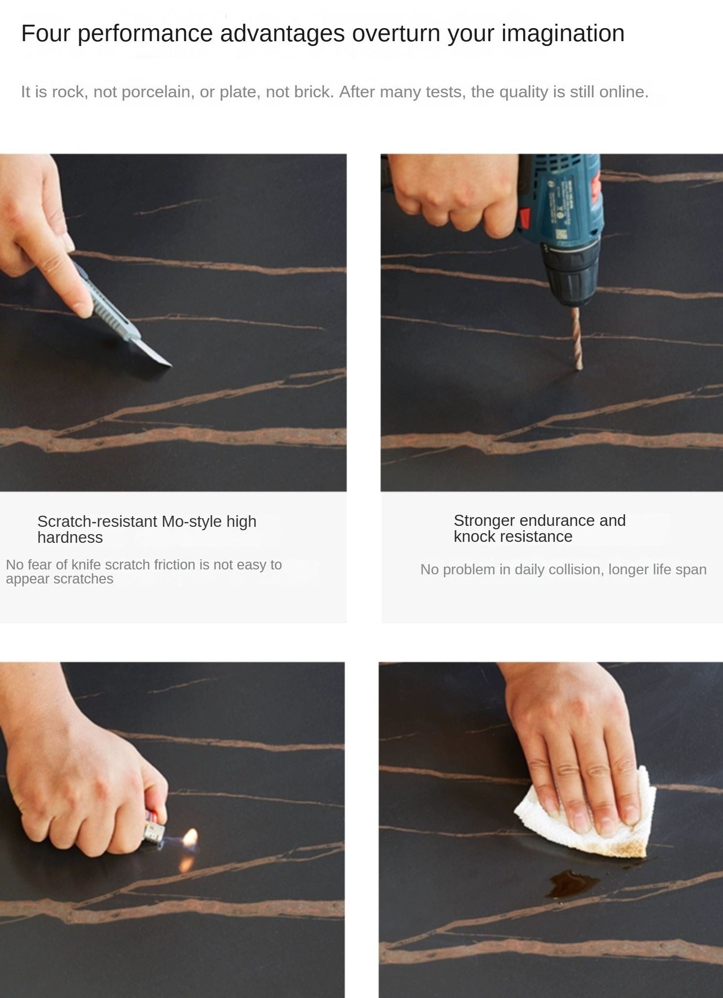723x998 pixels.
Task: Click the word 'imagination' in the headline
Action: point(563,34)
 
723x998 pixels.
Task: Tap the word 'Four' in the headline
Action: point(46,33)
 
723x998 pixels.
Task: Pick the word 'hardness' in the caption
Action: point(70,537)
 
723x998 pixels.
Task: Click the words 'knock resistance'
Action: point(513,537)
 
